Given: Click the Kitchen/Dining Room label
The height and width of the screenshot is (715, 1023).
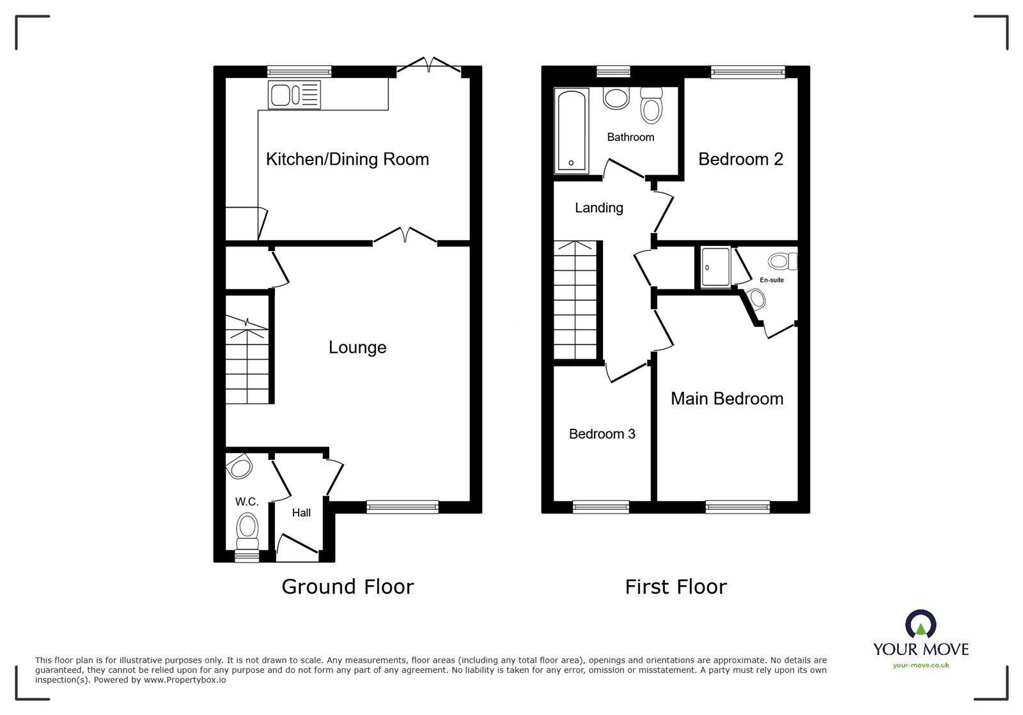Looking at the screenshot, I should pos(347,159).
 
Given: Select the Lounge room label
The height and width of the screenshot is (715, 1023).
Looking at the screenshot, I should pos(357,348).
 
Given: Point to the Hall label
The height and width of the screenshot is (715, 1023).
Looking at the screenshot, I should pos(301,512).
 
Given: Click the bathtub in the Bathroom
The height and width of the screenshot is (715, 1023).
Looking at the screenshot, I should pos(572,131).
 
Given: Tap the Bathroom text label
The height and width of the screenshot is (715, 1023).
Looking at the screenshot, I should pos(630,137).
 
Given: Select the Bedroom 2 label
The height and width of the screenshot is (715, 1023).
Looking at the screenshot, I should pos(740,159).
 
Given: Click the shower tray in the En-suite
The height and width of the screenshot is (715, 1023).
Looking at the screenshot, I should pos(715,266).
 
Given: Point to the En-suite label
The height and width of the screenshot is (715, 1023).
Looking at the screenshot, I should pos(771,280).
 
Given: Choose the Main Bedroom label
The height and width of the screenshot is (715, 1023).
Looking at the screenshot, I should pos(727,399).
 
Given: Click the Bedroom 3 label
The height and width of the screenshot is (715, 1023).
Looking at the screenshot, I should pos(602,434).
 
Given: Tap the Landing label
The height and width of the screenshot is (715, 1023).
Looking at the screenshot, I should pos(598,208).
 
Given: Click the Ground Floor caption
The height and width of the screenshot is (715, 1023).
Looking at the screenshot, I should pos(347,587).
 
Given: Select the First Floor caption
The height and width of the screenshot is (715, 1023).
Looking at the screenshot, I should pos(675,587).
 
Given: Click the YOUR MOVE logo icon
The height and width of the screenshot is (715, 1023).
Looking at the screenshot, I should pos(921,625).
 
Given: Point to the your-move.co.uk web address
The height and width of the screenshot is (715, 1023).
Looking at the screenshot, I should pos(921,665).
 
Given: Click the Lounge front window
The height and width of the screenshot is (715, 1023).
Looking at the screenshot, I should pos(403,507).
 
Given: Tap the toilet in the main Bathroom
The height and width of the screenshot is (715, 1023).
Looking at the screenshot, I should pos(651,106).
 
